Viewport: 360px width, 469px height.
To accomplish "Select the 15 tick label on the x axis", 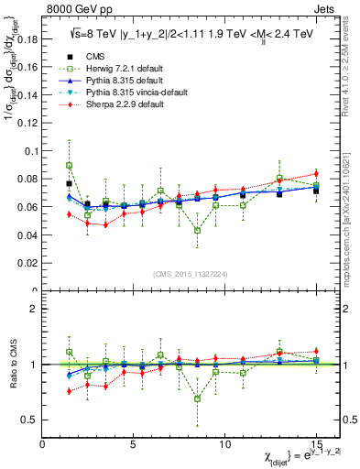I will (315, 444).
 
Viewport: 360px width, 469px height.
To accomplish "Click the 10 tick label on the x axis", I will (224, 444).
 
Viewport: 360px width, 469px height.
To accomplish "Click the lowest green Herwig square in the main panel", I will (197, 231).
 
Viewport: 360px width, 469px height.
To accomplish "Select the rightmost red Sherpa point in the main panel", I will (316, 173).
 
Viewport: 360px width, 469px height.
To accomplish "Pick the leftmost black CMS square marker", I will (69, 183).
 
